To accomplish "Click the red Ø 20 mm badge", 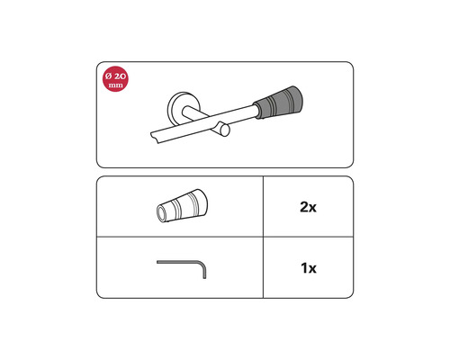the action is (115, 79).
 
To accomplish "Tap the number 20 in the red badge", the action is (120, 76).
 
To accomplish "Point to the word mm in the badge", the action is (116, 85).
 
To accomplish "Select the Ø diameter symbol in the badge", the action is (108, 76).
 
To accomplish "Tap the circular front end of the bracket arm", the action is (225, 130).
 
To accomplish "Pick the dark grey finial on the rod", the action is (277, 102).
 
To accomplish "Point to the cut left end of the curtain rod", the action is (155, 137).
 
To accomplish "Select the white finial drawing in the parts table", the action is (182, 206).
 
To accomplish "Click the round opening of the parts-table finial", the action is (162, 213).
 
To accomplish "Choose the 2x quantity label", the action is (308, 207).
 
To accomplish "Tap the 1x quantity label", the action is (309, 268).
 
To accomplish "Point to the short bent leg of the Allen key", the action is (204, 272).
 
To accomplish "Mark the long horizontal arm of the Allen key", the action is (178, 262).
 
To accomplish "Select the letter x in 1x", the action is (312, 269).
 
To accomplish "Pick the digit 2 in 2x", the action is (303, 207).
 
